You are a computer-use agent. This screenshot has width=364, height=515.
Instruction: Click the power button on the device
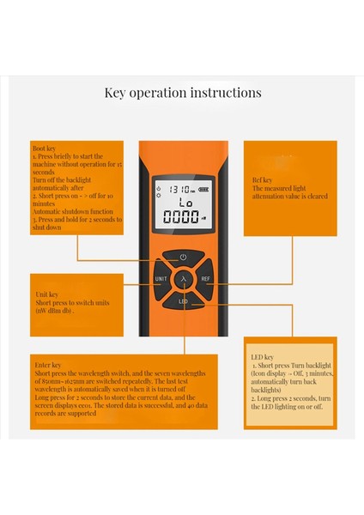[183, 257]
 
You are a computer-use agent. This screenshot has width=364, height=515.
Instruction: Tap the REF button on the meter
[206, 279]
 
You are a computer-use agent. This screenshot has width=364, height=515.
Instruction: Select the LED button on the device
[183, 302]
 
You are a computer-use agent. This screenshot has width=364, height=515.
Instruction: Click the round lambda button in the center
[183, 279]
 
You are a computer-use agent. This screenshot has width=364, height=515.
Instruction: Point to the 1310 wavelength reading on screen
[179, 189]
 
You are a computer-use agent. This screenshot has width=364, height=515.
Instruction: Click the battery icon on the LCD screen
[203, 189]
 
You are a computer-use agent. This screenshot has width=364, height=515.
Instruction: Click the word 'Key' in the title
[116, 93]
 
